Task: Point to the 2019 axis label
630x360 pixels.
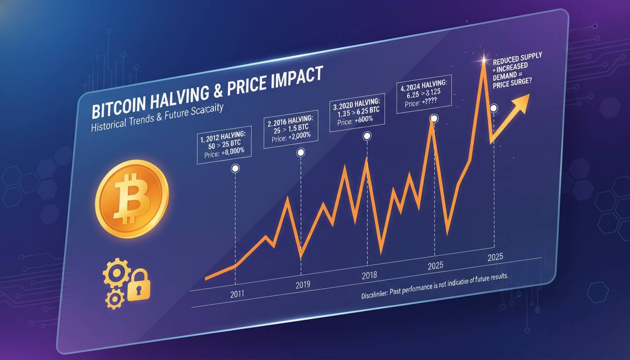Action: pyautogui.click(x=304, y=285)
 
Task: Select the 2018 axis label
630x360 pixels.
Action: pyautogui.click(x=369, y=276)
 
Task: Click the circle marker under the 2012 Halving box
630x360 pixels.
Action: pyautogui.click(x=235, y=168)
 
